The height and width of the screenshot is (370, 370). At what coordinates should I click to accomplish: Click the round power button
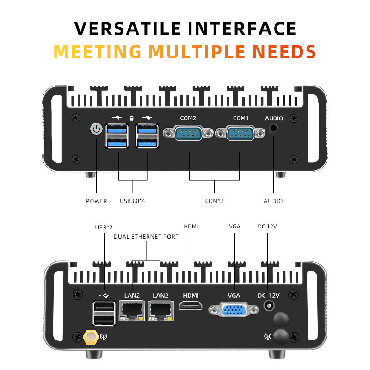pyautogui.click(x=96, y=129)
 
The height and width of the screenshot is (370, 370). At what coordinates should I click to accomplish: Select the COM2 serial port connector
pyautogui.click(x=188, y=134)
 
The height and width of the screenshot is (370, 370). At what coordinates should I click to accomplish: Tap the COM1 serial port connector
pyautogui.click(x=240, y=134)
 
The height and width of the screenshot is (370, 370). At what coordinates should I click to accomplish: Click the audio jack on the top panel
pyautogui.click(x=274, y=129)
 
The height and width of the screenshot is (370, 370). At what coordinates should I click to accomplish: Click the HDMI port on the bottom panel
pyautogui.click(x=191, y=306)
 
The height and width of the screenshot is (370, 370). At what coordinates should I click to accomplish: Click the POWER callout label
pyautogui.click(x=97, y=201)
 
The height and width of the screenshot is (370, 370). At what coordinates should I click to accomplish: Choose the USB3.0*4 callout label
pyautogui.click(x=133, y=201)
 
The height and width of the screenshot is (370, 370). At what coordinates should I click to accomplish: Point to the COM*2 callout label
pyautogui.click(x=215, y=201)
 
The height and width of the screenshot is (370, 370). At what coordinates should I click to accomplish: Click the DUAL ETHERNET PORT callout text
pyautogui.click(x=146, y=237)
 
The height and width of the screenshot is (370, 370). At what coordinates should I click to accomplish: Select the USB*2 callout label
pyautogui.click(x=104, y=227)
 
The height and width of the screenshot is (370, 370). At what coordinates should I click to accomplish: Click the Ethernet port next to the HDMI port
pyautogui.click(x=160, y=310)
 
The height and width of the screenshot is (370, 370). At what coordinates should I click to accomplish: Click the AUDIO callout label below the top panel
pyautogui.click(x=273, y=201)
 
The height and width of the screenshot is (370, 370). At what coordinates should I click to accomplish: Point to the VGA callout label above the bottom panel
pyautogui.click(x=234, y=227)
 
